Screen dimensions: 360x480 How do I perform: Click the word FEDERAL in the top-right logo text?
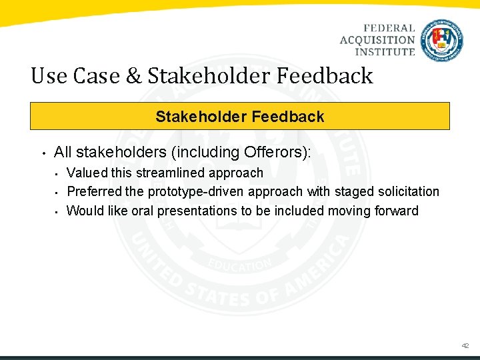pos(389,29)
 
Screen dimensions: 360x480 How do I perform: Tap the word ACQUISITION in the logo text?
pos(377,40)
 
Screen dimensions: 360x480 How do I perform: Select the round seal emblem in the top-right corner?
pos(442,40)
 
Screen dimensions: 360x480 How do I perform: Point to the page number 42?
pos(465,346)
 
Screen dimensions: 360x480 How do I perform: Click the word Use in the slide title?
pos(49,76)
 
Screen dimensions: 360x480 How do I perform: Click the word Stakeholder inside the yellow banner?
pos(197,117)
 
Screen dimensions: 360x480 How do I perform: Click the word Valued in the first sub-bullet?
pos(87,173)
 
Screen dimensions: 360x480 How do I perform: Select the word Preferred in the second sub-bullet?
pos(95,192)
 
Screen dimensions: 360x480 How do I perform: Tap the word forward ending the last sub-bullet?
pos(396,211)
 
